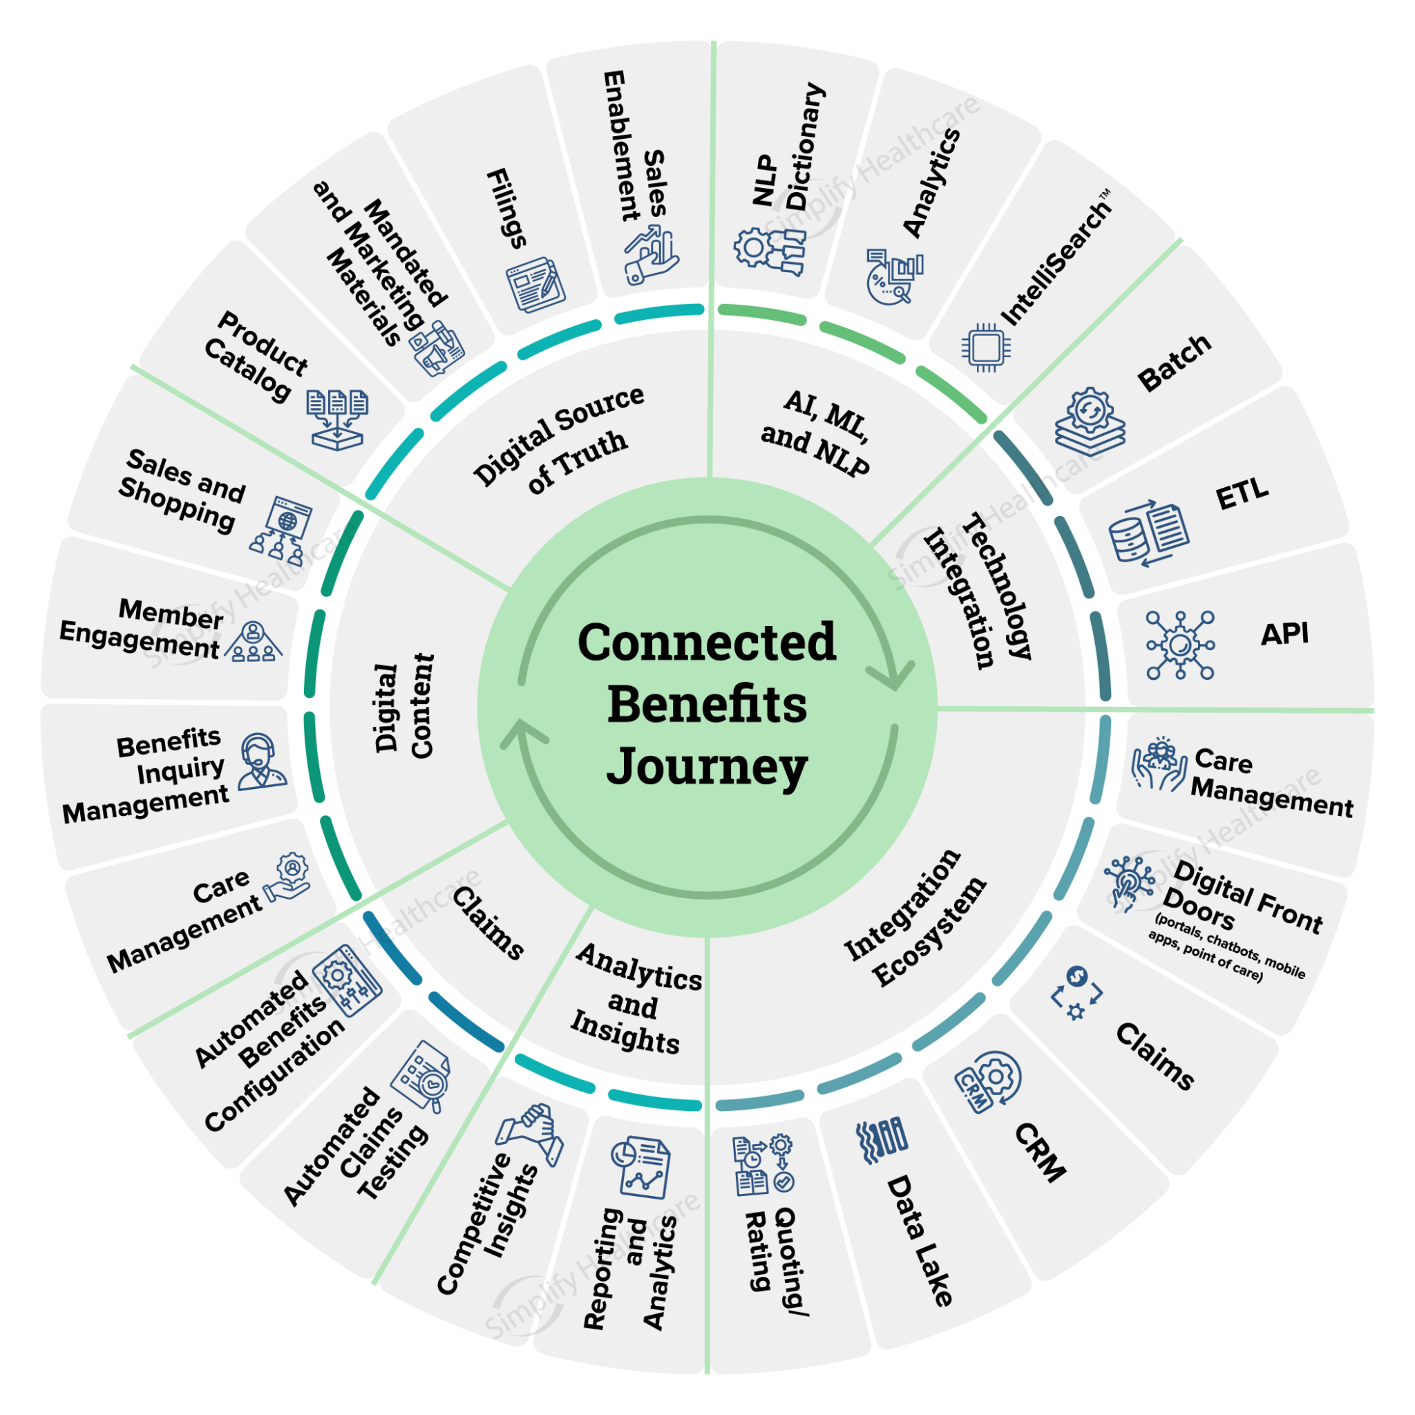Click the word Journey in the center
click(707, 768)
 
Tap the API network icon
click(1180, 645)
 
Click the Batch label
click(1175, 362)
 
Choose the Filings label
click(508, 208)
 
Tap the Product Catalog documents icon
click(338, 418)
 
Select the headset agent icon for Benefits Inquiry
click(260, 761)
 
